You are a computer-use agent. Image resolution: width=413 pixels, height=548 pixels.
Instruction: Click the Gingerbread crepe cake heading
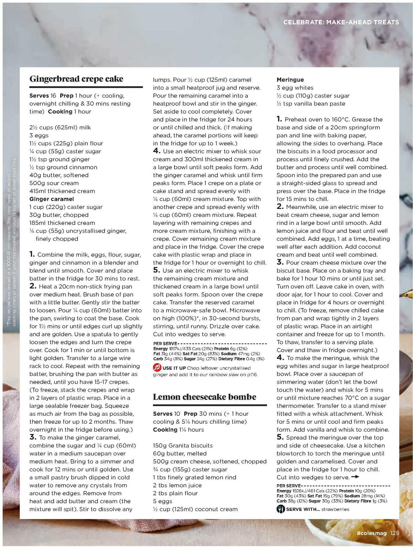[76, 79]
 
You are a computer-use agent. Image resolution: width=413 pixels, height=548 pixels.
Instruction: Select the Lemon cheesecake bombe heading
[204, 397]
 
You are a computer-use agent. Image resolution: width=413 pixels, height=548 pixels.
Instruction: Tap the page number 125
[394, 533]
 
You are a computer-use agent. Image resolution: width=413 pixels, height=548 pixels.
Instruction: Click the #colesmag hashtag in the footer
[372, 533]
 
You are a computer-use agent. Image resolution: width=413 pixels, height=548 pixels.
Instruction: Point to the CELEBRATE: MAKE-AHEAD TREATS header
[341, 22]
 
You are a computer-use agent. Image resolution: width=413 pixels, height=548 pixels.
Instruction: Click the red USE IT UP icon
[157, 368]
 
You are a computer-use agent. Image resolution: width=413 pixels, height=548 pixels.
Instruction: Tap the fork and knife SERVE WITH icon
[281, 509]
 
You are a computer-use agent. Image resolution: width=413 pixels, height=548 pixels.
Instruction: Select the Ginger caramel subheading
[52, 199]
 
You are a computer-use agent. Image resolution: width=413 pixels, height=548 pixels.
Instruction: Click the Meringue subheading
[290, 80]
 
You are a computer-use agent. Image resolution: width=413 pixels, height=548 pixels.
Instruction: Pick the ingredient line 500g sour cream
[54, 183]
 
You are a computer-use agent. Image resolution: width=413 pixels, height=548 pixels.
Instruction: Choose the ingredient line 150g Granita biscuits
[183, 445]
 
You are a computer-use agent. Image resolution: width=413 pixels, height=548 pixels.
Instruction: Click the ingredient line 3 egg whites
[295, 88]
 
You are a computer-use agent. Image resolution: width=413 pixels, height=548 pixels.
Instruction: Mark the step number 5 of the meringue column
[280, 438]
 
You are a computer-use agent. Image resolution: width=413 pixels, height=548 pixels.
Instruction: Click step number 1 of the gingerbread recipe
[32, 255]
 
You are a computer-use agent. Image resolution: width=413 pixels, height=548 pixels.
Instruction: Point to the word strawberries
[335, 509]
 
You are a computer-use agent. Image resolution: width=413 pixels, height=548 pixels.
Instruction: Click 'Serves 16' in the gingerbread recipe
[43, 96]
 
